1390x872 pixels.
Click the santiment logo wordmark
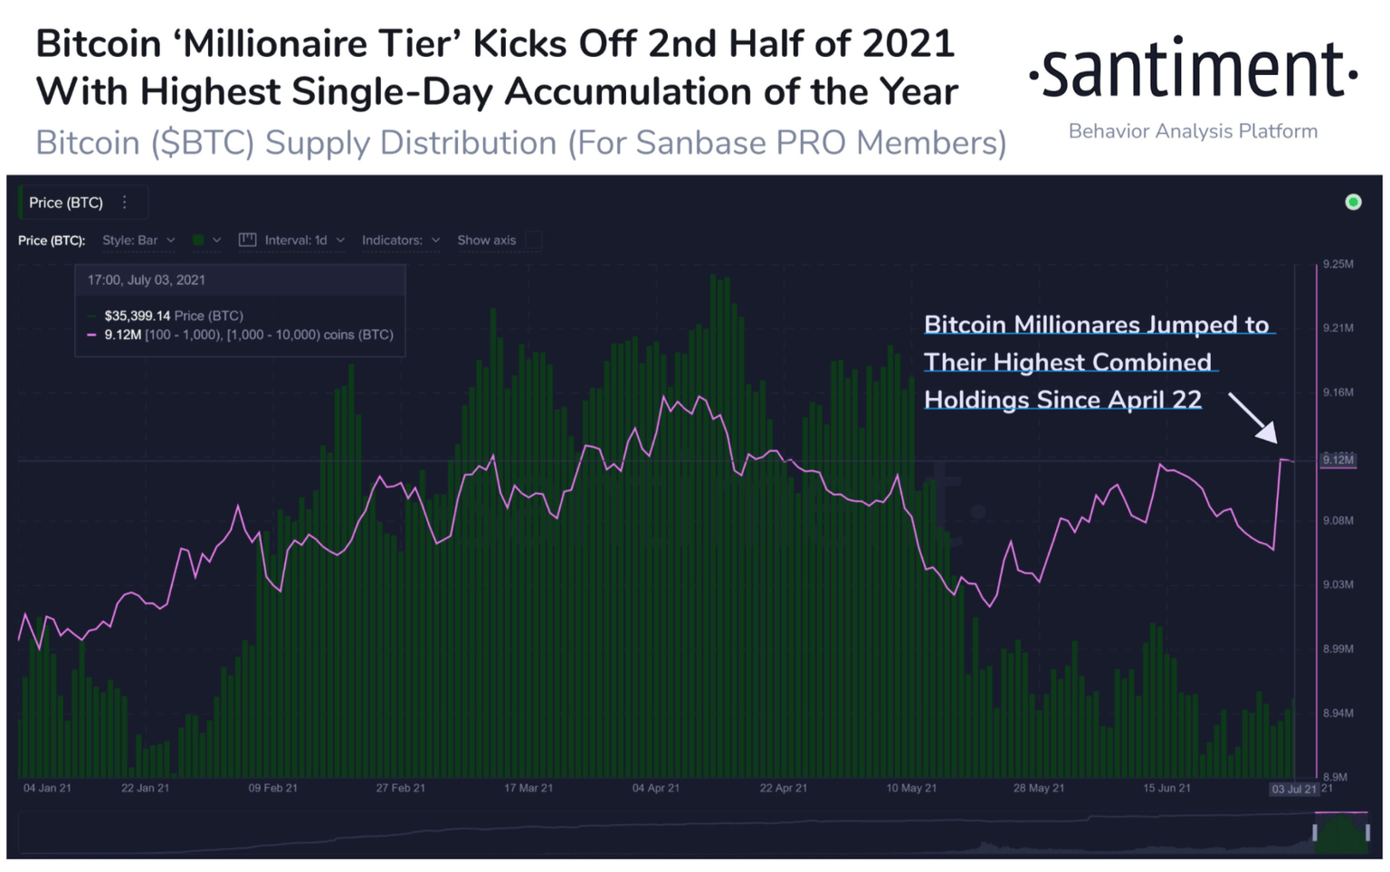pyautogui.click(x=1193, y=70)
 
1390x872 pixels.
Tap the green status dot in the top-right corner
pyautogui.click(x=1353, y=202)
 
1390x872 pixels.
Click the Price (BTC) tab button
pyautogui.click(x=66, y=203)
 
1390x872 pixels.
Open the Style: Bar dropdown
pyautogui.click(x=138, y=241)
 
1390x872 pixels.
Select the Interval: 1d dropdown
pyautogui.click(x=292, y=241)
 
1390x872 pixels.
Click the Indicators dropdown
pyautogui.click(x=400, y=241)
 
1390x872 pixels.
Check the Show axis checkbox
pyautogui.click(x=534, y=241)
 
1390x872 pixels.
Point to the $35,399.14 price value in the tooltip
pyautogui.click(x=137, y=316)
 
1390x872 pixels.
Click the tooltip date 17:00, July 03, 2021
pyautogui.click(x=146, y=280)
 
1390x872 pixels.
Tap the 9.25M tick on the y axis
pyautogui.click(x=1338, y=264)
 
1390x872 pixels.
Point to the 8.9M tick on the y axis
pyautogui.click(x=1335, y=777)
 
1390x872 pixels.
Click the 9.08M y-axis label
pyautogui.click(x=1338, y=521)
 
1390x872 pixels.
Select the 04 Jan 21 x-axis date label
pyautogui.click(x=47, y=789)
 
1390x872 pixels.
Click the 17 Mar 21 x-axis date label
pyautogui.click(x=528, y=789)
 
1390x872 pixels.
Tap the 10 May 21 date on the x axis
pyautogui.click(x=911, y=789)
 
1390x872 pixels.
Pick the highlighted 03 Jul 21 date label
pyautogui.click(x=1294, y=790)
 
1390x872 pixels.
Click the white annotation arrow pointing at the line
pyautogui.click(x=1253, y=418)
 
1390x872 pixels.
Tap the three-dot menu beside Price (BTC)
pyautogui.click(x=125, y=203)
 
